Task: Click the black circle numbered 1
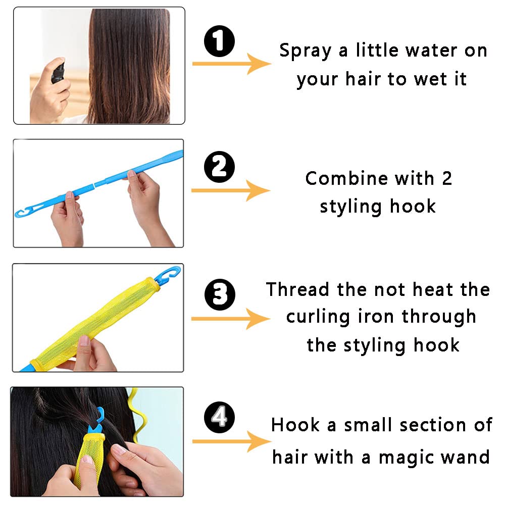point(219,41)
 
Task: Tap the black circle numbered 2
point(219,167)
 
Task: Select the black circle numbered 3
point(220,295)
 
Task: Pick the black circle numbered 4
point(219,418)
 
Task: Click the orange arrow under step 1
point(232,64)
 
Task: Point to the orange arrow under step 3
point(231,319)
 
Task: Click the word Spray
point(306,52)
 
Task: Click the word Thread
point(297,289)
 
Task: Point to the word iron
point(376,317)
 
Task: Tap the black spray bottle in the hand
point(58,73)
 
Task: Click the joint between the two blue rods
point(94,185)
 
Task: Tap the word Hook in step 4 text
point(295,425)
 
